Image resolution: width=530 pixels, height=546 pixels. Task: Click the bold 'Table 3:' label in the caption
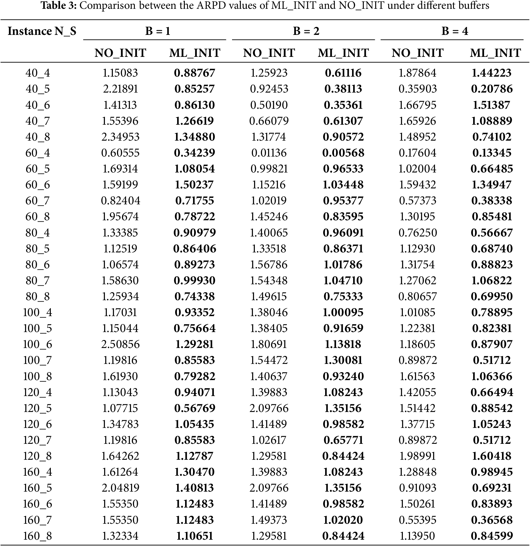[x=58, y=5]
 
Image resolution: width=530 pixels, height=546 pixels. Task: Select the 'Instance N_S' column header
[x=42, y=31]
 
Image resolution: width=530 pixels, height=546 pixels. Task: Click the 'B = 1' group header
[x=158, y=31]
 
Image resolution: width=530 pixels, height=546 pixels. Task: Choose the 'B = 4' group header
[x=454, y=31]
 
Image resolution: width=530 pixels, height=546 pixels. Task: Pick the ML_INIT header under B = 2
[x=343, y=53]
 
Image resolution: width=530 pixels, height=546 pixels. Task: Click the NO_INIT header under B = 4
[x=417, y=53]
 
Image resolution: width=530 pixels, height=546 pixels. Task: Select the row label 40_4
[x=38, y=73]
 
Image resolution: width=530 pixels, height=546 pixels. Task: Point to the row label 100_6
[x=38, y=344]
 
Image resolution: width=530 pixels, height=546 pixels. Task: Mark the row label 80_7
[x=38, y=280]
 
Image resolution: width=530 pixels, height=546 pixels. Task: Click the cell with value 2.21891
[x=120, y=89]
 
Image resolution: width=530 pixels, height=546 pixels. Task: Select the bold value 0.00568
[x=343, y=153]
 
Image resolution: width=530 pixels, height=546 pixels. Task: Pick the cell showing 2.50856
[x=120, y=344]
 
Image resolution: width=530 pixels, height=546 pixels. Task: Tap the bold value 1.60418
[x=492, y=456]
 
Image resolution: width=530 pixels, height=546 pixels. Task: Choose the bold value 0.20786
[x=492, y=89]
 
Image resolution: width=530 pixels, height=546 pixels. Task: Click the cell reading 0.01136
[x=269, y=153]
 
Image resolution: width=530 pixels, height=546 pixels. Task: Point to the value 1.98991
[x=417, y=456]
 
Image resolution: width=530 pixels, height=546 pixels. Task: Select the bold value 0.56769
[x=195, y=408]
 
